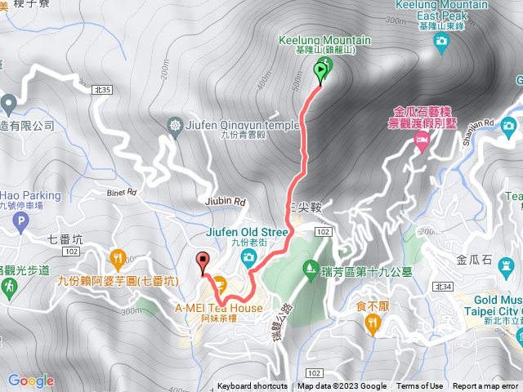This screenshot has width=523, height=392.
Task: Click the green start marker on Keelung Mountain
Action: (x=319, y=73)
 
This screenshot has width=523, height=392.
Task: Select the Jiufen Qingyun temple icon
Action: (x=174, y=125)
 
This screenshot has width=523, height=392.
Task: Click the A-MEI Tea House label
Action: (x=219, y=308)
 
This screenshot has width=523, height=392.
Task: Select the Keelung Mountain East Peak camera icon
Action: (x=441, y=41)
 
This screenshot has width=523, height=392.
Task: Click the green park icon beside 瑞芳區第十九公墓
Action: (x=310, y=267)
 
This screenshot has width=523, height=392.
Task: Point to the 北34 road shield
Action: (x=444, y=286)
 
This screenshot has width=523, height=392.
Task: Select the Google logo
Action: (x=31, y=381)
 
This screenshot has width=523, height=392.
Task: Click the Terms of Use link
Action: (x=420, y=386)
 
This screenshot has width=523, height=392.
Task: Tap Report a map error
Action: (x=486, y=386)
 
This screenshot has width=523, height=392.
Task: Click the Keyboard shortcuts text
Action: (x=252, y=386)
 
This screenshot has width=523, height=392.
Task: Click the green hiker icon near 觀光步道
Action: (x=8, y=287)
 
